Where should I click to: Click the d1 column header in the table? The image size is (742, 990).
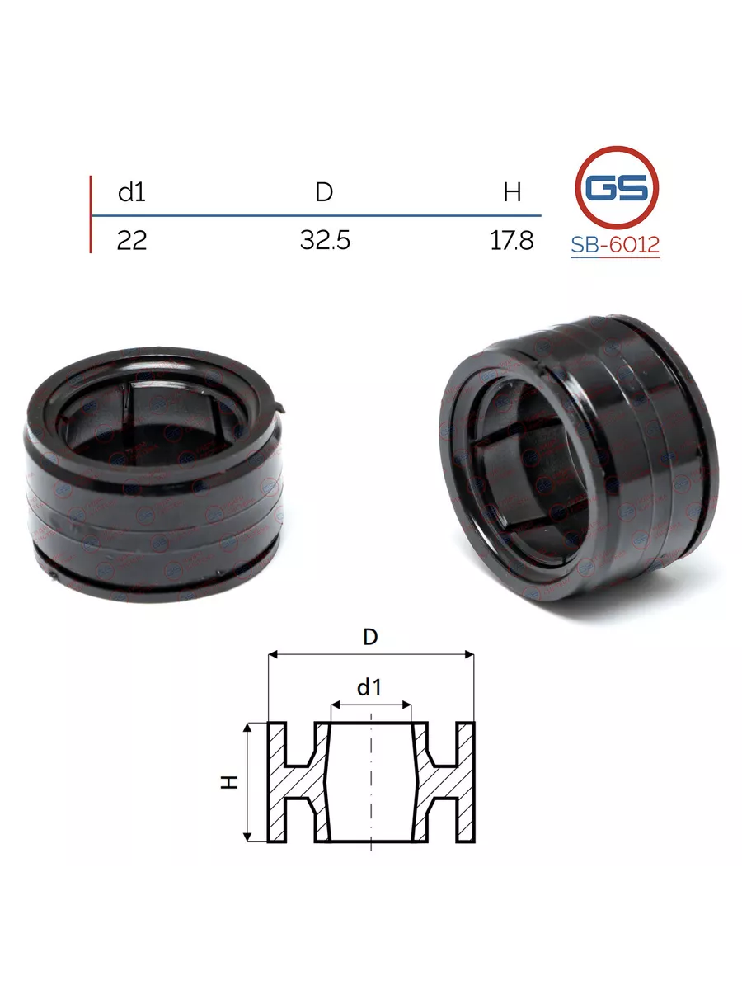click(x=132, y=192)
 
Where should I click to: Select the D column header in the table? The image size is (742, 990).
click(x=324, y=192)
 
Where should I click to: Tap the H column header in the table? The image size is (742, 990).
click(x=512, y=192)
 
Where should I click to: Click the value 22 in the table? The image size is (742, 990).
click(x=132, y=240)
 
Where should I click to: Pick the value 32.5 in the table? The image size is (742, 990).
click(x=325, y=240)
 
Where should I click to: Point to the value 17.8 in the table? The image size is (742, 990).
click(x=512, y=240)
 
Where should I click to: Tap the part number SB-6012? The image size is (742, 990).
click(x=615, y=245)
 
